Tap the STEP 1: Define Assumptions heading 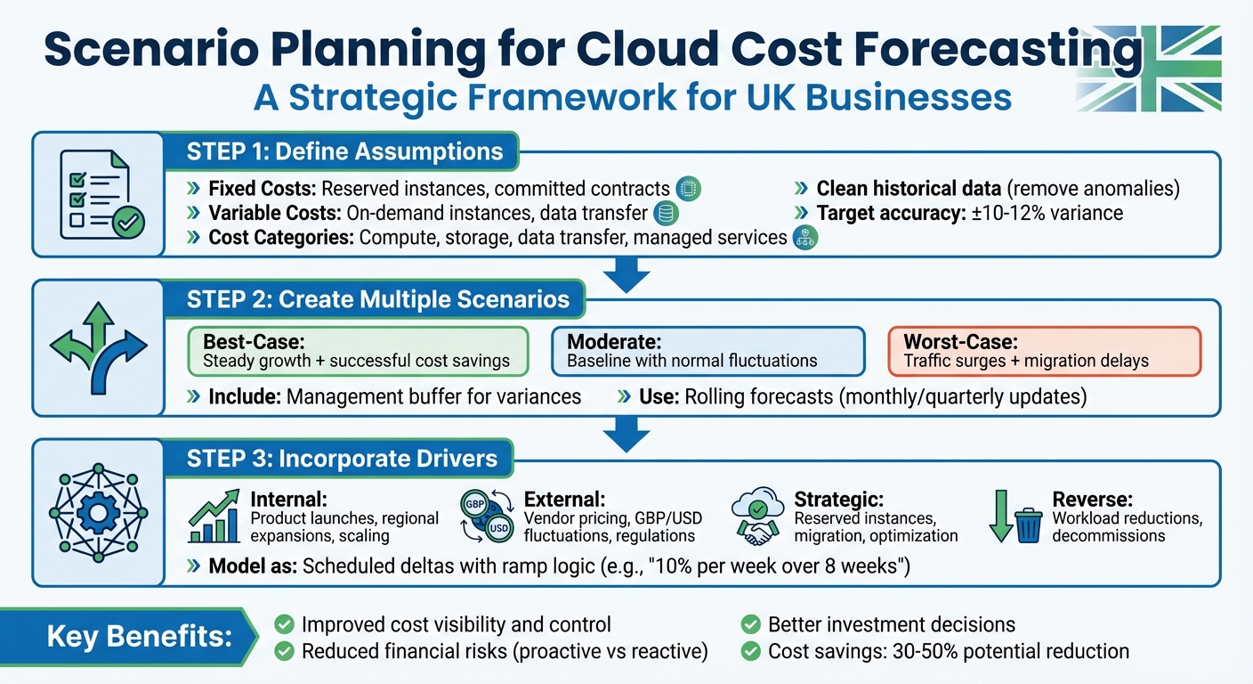(x=344, y=151)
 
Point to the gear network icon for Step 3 (x=98, y=511)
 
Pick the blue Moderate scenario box (x=707, y=351)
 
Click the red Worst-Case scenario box (x=1045, y=351)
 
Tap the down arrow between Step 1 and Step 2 (x=626, y=273)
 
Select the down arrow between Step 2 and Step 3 (x=626, y=434)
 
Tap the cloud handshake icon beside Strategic (x=758, y=517)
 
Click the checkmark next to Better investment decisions (x=751, y=624)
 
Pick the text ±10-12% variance (x=1046, y=213)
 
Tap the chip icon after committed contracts (x=688, y=189)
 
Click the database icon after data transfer (x=663, y=214)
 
